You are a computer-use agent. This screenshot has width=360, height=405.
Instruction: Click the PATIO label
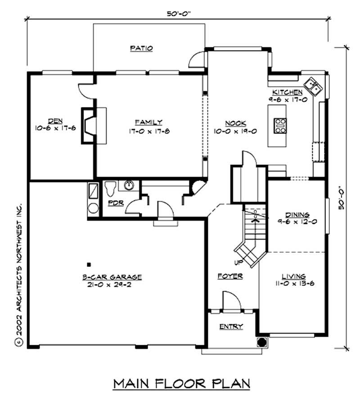pyautogui.click(x=141, y=48)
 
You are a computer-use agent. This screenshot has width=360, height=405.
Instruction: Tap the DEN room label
pyautogui.click(x=55, y=120)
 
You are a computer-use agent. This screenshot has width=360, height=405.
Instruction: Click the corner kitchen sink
pyautogui.click(x=313, y=85)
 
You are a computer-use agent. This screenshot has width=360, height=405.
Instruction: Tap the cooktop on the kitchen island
pyautogui.click(x=280, y=125)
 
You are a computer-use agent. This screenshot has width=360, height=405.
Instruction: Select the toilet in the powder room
pyautogui.click(x=109, y=189)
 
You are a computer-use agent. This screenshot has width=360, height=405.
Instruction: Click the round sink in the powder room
pyautogui.click(x=129, y=185)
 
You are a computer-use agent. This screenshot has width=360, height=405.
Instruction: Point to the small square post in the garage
pyautogui.click(x=89, y=265)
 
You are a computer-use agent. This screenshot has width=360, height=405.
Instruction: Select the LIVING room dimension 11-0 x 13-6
pyautogui.click(x=294, y=284)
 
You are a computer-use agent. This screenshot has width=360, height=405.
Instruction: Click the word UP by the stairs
pyautogui.click(x=238, y=262)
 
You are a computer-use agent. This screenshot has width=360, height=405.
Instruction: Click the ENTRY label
pyautogui.click(x=231, y=326)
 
